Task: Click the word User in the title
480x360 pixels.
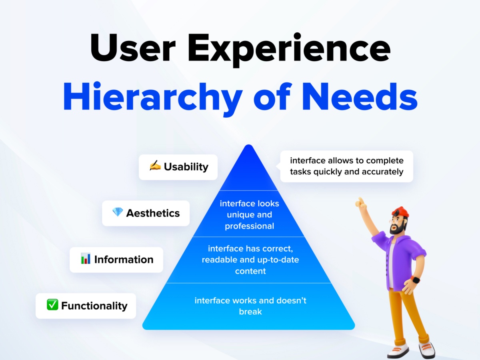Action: pos(133,48)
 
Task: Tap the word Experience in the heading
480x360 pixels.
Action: pos(289,50)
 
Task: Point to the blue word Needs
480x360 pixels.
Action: pos(360,96)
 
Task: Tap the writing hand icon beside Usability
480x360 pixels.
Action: pos(155,165)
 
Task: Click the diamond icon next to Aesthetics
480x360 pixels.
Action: pos(118,212)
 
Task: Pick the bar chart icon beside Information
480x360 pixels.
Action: pos(86,258)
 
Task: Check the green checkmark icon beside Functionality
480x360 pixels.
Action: pos(52,304)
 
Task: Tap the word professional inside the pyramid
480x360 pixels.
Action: pos(250,226)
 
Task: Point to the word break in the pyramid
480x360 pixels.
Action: pos(250,312)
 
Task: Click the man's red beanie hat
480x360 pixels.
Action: pos(400,212)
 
